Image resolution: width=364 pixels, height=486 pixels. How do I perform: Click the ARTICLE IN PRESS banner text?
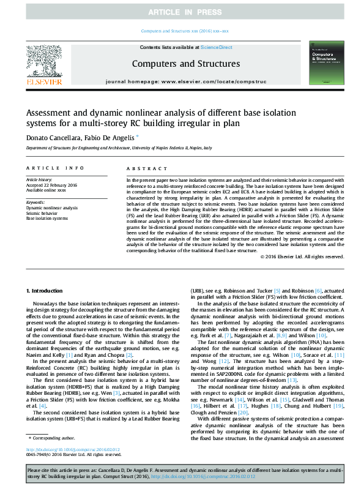click(182, 12)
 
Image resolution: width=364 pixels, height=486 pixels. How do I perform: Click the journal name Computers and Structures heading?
click(185, 64)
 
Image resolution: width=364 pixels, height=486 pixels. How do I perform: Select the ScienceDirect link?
click(217, 47)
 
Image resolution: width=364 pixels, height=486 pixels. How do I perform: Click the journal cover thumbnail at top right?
click(324, 63)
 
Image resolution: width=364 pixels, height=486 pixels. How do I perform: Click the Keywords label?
click(35, 201)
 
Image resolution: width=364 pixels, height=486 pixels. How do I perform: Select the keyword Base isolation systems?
click(48, 218)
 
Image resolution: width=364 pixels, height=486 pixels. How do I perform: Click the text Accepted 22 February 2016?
click(52, 185)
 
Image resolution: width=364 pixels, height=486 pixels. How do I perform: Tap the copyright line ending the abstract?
click(302, 256)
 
